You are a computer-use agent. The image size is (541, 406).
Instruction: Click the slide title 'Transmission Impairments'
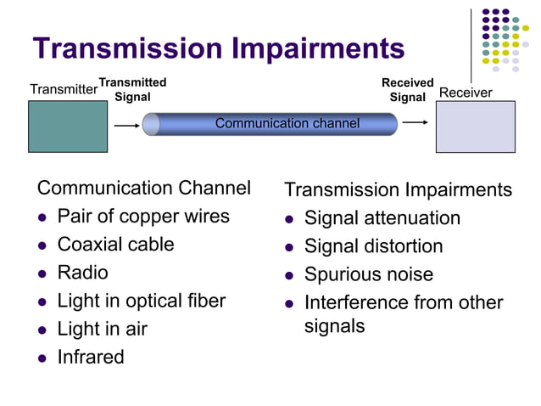pos(218,48)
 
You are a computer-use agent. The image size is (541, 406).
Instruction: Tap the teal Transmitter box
pos(68,127)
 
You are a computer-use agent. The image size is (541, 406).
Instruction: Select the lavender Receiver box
pos(475,127)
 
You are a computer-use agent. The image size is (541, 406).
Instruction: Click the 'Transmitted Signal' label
pos(132,89)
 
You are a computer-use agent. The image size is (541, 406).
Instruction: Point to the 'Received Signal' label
pos(407,89)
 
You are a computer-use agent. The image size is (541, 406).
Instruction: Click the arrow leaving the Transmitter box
pos(125,124)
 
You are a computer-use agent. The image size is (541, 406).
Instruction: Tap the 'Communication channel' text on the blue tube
pos(287,124)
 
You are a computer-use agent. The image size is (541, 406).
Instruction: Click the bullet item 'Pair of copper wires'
pos(143,216)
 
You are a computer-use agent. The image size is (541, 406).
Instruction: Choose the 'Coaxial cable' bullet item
pos(115,245)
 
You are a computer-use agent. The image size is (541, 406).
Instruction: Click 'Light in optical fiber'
pos(142,301)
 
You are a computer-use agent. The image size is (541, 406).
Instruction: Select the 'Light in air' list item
pos(102,329)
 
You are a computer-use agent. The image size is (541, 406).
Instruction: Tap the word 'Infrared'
pos(91,357)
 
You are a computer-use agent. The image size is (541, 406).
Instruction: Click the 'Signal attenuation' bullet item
pos(382,218)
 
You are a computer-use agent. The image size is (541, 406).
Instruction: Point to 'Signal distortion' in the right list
pos(373,246)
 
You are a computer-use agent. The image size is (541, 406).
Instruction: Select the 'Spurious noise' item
pos(368,274)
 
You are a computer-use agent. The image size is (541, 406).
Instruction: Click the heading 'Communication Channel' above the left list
pos(144,188)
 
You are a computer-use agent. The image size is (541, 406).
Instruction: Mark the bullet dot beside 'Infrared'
pos(42,358)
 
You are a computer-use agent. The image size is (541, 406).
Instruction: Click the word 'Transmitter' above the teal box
pos(64,89)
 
